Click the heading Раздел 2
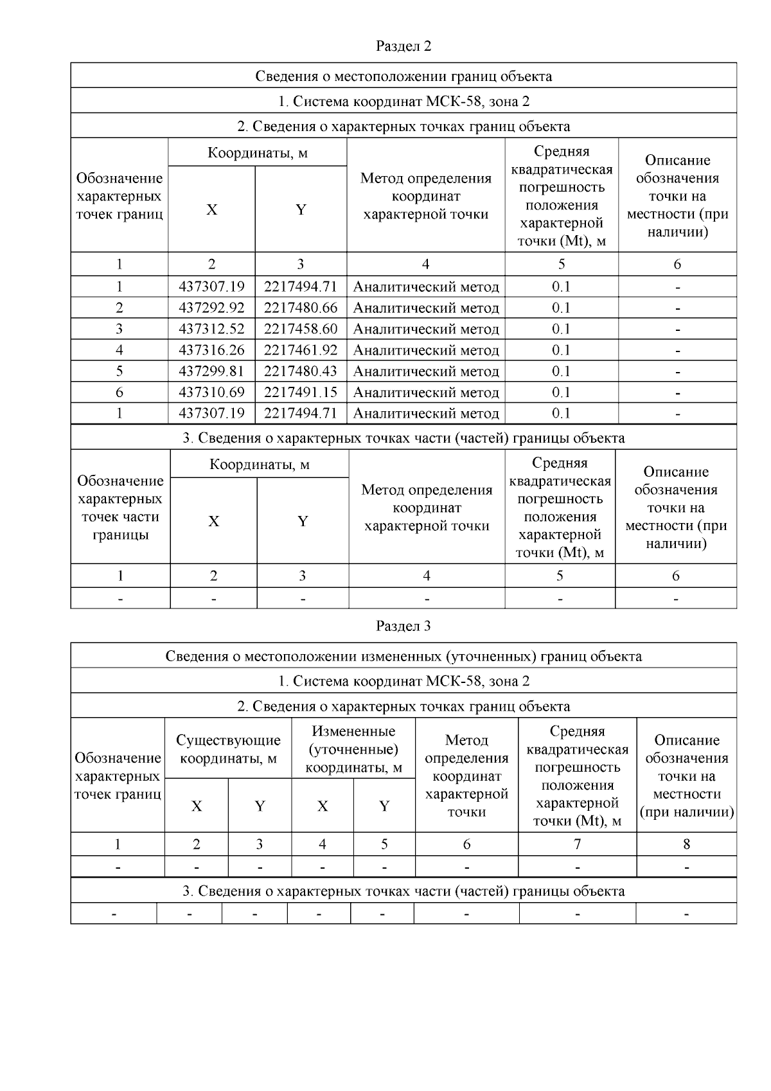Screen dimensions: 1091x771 coord(403,46)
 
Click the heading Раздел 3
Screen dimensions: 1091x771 coord(403,626)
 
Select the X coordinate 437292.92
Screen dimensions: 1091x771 coord(211,308)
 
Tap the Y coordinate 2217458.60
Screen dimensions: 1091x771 coord(300,329)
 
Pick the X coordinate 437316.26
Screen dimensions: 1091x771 coord(211,350)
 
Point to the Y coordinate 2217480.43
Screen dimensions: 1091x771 coord(300,371)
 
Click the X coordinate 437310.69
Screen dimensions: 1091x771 coord(211,393)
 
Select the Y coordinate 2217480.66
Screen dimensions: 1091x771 coord(300,308)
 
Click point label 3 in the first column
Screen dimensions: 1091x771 coord(120,329)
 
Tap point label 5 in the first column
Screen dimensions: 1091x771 coord(120,371)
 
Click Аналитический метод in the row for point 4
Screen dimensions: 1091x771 coord(426,350)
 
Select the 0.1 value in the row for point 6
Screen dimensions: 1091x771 coord(561,393)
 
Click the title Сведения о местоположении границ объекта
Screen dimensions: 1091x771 coord(403,76)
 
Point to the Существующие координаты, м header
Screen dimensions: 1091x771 coord(228,749)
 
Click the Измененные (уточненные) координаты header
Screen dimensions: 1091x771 coord(353,749)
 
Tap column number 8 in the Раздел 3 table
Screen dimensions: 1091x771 coord(686,844)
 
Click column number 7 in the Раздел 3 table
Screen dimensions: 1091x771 coord(577,844)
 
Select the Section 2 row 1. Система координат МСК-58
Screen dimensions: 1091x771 coord(403,102)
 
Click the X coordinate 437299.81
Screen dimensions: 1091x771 coord(211,371)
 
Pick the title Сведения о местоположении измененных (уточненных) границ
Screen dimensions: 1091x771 coord(403,656)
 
